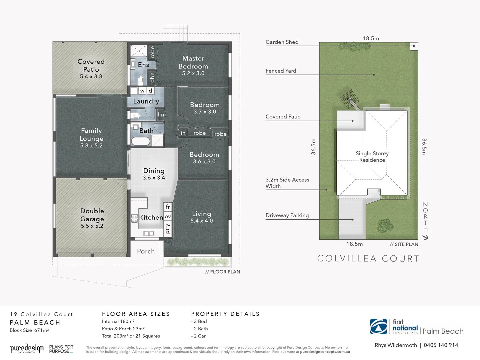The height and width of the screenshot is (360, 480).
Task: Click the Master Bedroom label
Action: pos(193,62)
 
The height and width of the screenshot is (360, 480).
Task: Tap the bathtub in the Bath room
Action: pos(140,141)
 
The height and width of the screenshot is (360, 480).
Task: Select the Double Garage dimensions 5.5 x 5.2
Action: pos(92,226)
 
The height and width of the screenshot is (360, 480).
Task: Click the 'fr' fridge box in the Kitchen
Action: pos(168,207)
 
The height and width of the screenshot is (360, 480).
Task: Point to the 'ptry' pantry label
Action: pos(168,229)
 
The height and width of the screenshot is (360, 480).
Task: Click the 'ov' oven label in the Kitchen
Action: pos(168,217)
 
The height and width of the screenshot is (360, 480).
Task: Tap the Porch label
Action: pos(146,251)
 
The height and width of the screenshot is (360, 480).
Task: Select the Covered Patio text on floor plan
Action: pos(91,65)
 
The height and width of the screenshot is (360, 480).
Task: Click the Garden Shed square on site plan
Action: pos(414,46)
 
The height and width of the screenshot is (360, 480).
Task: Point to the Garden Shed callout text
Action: pos(282,42)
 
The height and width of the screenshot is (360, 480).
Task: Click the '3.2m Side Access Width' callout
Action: pos(287,183)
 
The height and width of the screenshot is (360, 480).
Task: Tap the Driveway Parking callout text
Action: pos(287,215)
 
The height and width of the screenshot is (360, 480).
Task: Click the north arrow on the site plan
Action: pos(425,237)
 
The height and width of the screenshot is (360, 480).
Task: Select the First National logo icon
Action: pos(378,326)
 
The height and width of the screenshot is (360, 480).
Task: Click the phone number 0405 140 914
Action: pos(441,345)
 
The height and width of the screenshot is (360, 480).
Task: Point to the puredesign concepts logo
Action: pos(27,349)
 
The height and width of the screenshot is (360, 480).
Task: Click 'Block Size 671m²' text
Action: pos(29,330)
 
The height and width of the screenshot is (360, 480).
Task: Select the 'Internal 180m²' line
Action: pos(118,321)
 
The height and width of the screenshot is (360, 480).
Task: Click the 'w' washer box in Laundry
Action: pos(142,91)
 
